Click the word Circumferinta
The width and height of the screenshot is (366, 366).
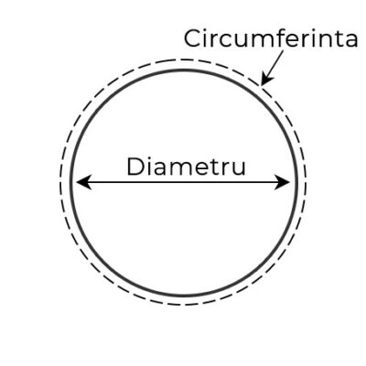tap(271, 38)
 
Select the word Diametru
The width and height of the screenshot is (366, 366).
tap(186, 167)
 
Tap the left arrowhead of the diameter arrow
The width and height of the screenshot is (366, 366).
tap(84, 182)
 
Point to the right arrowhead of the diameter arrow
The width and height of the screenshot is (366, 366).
tap(282, 182)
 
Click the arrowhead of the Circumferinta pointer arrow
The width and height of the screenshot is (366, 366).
tap(266, 79)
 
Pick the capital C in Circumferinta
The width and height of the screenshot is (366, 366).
tap(193, 38)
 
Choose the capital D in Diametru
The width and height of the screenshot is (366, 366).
tap(135, 167)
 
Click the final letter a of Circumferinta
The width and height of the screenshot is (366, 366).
tap(350, 41)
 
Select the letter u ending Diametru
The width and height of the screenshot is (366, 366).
tap(239, 169)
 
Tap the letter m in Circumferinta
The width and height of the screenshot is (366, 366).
tap(259, 41)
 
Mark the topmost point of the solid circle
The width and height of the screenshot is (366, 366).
tap(184, 70)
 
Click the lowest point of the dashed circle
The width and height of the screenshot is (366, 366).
tap(184, 305)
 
